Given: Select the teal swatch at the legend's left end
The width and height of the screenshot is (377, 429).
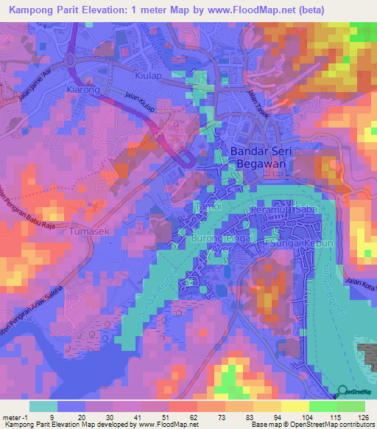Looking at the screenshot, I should tap(43, 406).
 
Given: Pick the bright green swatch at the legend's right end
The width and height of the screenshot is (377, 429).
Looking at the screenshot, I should tap(351, 406).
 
